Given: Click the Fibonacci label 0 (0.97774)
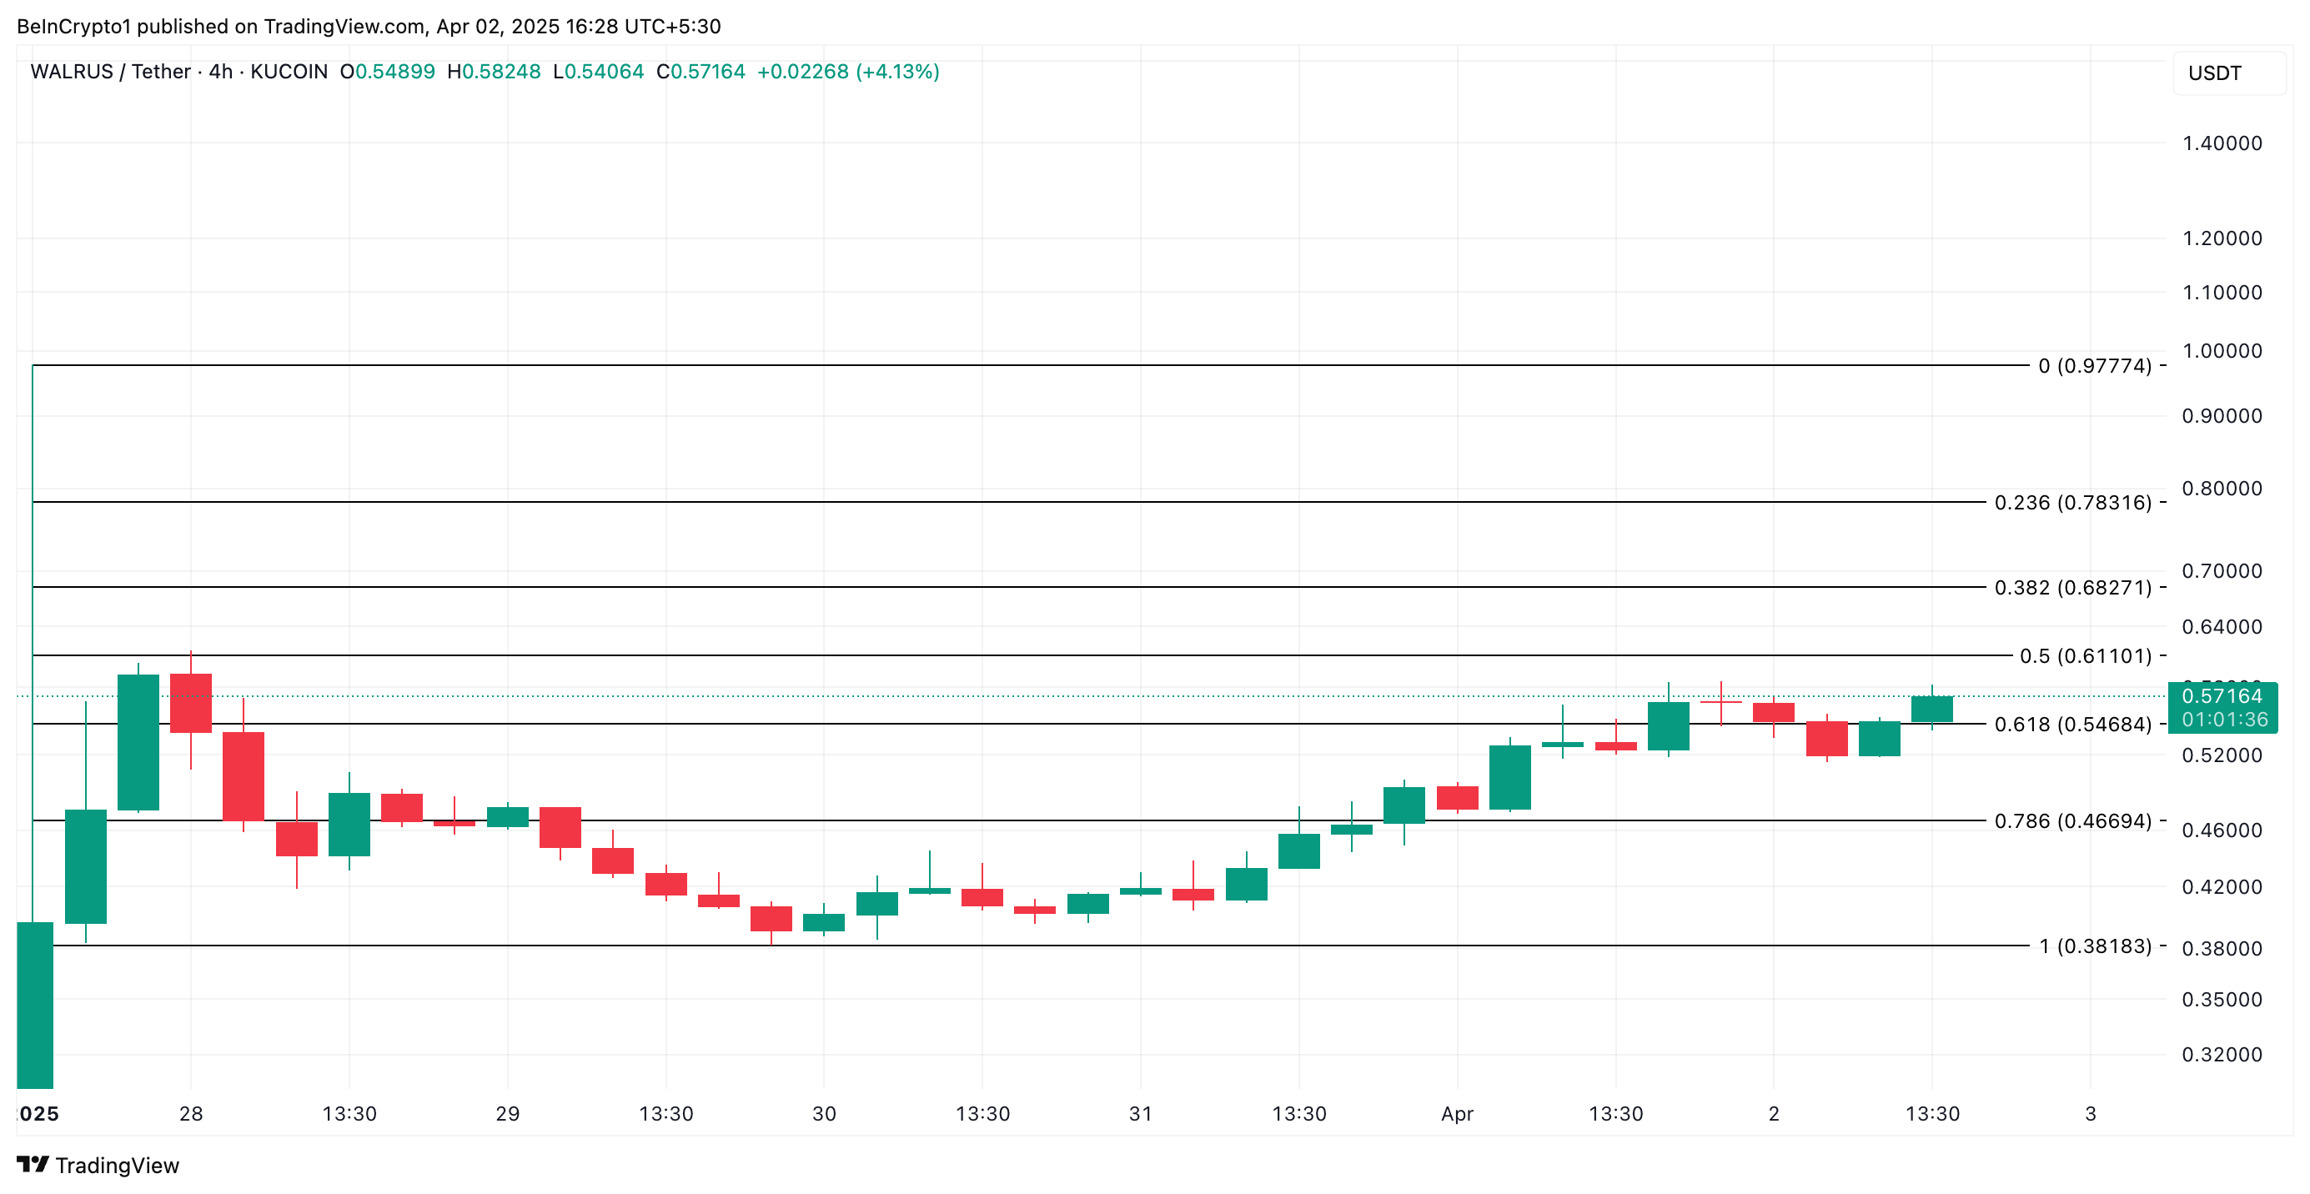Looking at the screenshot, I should (2094, 366).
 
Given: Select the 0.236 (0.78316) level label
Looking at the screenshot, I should (2072, 503).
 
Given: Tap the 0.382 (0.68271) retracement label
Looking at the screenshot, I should (2072, 588).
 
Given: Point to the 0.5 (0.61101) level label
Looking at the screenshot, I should (2085, 656).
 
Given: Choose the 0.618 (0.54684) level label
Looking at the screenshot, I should (2072, 725).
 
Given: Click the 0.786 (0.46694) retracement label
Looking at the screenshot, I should (2072, 821).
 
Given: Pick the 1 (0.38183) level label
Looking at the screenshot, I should (2095, 946).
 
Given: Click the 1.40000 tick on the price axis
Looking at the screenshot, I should (2222, 143).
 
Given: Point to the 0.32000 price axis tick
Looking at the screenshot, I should (2222, 1054).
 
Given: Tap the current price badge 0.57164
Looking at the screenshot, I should (2222, 696).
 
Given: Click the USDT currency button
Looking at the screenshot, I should (2215, 73).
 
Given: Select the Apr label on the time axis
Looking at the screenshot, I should (1457, 1113).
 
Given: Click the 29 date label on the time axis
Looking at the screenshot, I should (508, 1113).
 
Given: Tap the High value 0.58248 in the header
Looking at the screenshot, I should (500, 72).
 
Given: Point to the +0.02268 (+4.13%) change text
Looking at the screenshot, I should (847, 72).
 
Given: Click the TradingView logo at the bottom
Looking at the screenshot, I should (98, 1166).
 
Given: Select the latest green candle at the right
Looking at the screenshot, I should (1931, 709).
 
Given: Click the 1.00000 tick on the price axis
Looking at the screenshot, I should (2222, 351).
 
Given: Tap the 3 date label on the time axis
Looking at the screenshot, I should (2091, 1113).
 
